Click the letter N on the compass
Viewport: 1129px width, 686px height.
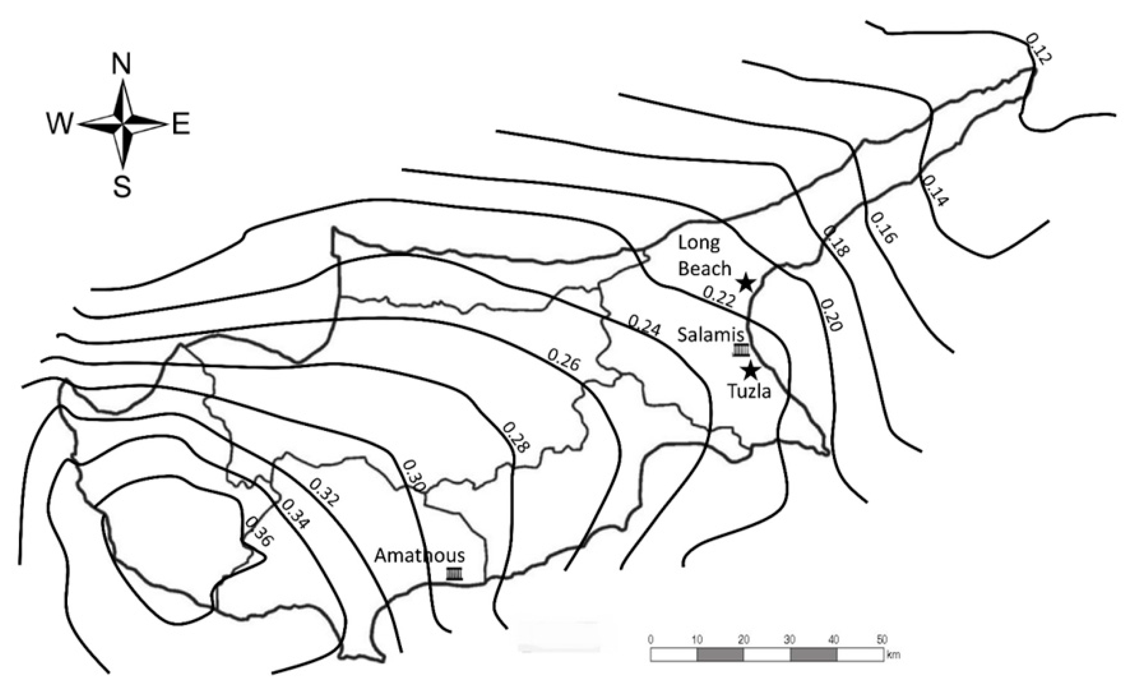coord(121,64)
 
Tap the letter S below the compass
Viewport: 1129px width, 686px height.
coord(122,186)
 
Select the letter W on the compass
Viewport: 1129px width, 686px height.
coord(60,124)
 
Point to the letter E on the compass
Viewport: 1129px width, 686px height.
coord(182,124)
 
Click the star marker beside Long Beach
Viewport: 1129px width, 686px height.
coord(746,282)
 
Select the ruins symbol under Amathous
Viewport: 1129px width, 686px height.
coord(455,574)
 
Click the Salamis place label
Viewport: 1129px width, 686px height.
coord(711,335)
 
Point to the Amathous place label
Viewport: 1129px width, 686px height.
coord(420,556)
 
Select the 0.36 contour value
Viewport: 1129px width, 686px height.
coord(259,532)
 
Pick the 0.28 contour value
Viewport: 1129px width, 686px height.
coord(516,437)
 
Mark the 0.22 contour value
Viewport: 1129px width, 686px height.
coord(719,297)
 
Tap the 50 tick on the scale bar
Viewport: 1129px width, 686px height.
coord(882,639)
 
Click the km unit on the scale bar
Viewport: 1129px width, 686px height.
coord(894,655)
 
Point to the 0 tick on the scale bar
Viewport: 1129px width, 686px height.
coord(651,639)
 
